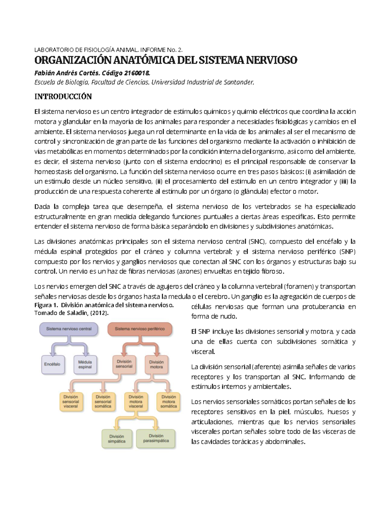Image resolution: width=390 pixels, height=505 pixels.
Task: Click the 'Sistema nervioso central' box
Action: [x=69, y=329]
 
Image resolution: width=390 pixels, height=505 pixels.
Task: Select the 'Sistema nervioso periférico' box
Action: [x=139, y=329]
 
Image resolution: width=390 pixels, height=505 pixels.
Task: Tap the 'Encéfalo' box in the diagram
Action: [x=52, y=364]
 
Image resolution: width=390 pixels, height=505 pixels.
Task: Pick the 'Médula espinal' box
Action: [x=85, y=364]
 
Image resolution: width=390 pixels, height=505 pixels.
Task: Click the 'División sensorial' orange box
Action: [x=124, y=364]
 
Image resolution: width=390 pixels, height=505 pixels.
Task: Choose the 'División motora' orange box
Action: [x=156, y=364]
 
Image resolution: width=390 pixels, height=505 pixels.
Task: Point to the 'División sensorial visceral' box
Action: [x=71, y=402]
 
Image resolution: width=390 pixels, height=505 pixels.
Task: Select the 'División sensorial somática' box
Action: [x=103, y=402]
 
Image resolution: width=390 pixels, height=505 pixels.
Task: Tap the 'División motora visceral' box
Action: [x=136, y=402]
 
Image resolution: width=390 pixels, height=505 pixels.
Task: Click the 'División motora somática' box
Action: [x=168, y=402]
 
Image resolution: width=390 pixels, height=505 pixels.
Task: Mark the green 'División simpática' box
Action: [x=117, y=439]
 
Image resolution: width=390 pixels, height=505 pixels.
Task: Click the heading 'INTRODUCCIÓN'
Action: [x=63, y=97]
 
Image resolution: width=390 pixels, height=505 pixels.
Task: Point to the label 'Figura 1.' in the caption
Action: [x=46, y=305]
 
